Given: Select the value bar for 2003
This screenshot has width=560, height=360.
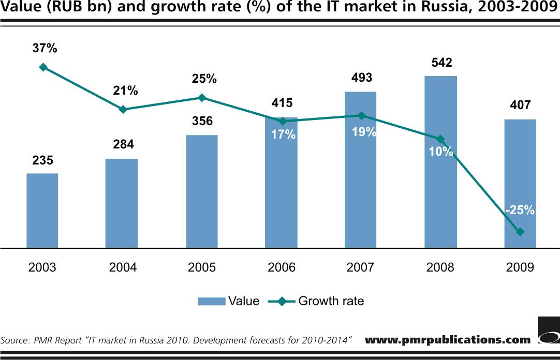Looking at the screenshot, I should (42, 211).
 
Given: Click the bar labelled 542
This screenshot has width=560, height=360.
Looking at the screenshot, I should (440, 162).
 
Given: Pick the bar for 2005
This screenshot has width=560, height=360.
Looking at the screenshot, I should (202, 191).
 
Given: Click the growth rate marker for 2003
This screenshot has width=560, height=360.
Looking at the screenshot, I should (43, 67).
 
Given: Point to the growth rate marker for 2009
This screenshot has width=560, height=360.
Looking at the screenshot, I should (520, 232).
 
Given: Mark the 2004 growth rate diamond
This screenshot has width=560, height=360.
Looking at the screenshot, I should (123, 110).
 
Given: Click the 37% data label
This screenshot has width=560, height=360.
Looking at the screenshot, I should (45, 49).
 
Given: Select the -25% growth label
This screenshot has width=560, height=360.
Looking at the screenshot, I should (520, 211).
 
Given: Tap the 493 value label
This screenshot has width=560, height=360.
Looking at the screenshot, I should (361, 78).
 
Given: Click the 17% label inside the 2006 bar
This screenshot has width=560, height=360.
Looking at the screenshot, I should (283, 136).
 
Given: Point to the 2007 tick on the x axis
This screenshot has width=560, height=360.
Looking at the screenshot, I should (361, 267).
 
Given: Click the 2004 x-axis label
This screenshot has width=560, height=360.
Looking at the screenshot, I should (123, 267).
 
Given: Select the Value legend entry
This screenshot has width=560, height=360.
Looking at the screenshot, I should (228, 301).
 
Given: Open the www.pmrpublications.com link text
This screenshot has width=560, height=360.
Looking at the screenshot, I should (448, 340).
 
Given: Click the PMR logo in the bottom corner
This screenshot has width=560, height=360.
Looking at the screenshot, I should (548, 332).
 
